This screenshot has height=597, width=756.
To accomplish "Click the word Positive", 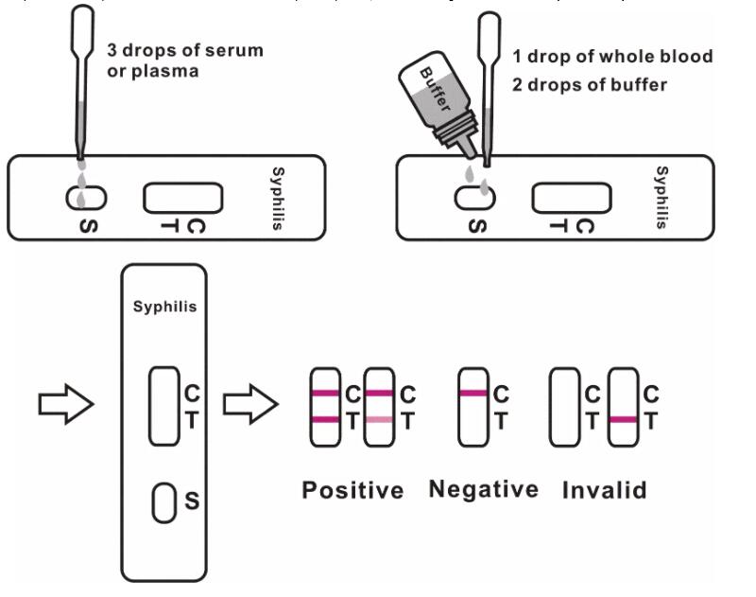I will (x=352, y=490).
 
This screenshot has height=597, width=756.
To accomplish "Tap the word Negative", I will (x=483, y=489).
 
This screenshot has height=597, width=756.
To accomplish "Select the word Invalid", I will (x=604, y=490).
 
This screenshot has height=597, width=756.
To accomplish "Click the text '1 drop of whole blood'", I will (x=612, y=57).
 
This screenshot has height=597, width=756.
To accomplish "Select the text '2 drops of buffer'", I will (x=590, y=85).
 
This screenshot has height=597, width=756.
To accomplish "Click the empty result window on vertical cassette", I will (x=163, y=405).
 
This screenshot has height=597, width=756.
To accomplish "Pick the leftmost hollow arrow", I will (x=64, y=405).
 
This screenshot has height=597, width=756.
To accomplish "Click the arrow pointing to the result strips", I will (x=249, y=405).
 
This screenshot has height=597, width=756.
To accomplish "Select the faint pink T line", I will (x=377, y=419).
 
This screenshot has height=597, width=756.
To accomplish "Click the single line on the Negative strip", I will (x=472, y=393).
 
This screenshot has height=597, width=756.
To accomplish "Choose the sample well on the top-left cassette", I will (x=85, y=198).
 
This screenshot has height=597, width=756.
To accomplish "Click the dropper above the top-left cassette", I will (x=83, y=76).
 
